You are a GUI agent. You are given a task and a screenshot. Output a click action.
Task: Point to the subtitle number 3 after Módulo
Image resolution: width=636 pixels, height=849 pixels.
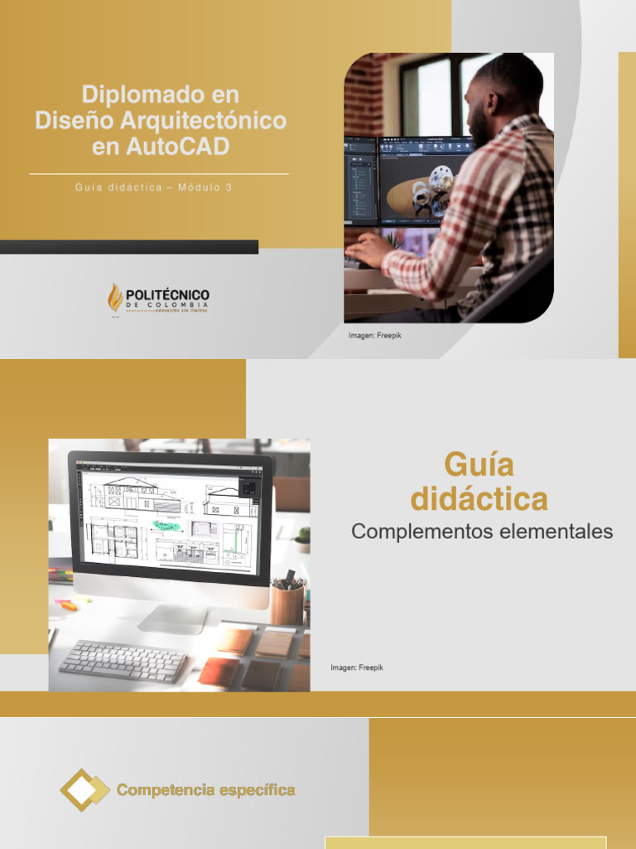coord(229,187)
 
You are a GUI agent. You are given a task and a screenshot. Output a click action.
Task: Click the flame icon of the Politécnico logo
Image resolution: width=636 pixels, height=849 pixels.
coord(115,298)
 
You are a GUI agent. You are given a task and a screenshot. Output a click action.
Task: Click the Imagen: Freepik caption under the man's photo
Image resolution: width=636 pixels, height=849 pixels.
coord(374,335)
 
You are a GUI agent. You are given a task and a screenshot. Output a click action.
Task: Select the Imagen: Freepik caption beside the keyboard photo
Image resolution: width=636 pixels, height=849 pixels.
coord(357,667)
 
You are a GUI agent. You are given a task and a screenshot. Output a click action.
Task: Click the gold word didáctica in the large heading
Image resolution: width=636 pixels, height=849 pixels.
coord(479,499)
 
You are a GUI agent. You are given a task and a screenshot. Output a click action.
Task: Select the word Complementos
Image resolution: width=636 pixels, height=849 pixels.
coord(422,531)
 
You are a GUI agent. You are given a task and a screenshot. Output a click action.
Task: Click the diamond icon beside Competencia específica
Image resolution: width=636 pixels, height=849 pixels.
coord(84,789)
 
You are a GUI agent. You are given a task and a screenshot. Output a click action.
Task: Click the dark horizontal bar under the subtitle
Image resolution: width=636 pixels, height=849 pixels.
coord(129,246)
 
